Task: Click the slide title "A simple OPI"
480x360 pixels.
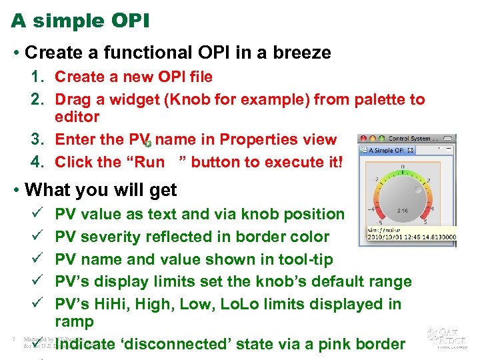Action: (81, 21)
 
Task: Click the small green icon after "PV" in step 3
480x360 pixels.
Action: (147, 143)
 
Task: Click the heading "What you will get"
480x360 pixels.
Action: (100, 190)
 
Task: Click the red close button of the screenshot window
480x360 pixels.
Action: (363, 139)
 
